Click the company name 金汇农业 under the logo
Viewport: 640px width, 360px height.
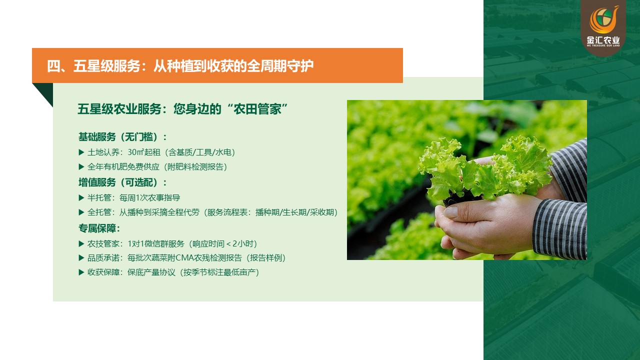(603, 40)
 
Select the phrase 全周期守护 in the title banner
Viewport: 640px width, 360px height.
(280, 66)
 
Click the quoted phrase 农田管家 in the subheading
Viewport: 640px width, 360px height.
(257, 109)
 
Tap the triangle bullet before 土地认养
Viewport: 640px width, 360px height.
(81, 152)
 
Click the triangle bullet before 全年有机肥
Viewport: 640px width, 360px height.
(81, 167)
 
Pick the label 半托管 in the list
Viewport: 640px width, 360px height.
(99, 197)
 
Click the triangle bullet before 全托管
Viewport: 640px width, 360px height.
(81, 212)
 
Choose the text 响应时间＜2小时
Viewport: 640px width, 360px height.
(223, 243)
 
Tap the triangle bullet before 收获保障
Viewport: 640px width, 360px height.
(81, 272)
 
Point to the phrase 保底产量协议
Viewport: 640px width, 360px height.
(151, 272)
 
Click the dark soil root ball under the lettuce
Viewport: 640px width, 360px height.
(460, 197)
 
